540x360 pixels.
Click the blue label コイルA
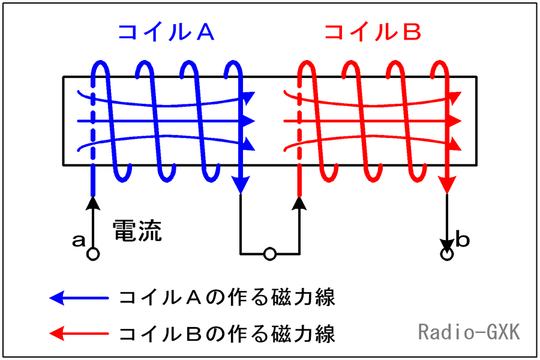click(x=166, y=33)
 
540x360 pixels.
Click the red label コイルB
click(x=373, y=33)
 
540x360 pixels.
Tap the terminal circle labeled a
click(x=93, y=254)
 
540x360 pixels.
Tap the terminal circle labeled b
click(x=447, y=254)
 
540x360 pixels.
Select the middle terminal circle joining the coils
click(x=269, y=254)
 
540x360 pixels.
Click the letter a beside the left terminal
click(x=79, y=240)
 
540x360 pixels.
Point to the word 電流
click(x=137, y=230)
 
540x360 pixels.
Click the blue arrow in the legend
click(x=79, y=298)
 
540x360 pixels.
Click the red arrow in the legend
click(x=79, y=334)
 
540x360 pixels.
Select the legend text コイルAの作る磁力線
click(x=227, y=298)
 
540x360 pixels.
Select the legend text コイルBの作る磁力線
click(x=227, y=334)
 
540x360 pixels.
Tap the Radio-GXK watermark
click(x=469, y=332)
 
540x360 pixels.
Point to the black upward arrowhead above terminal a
click(x=92, y=203)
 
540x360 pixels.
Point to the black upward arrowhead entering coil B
click(x=299, y=203)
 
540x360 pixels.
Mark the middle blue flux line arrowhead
click(x=248, y=121)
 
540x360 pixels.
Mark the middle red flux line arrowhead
click(x=455, y=121)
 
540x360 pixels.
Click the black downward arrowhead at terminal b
click(x=447, y=245)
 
